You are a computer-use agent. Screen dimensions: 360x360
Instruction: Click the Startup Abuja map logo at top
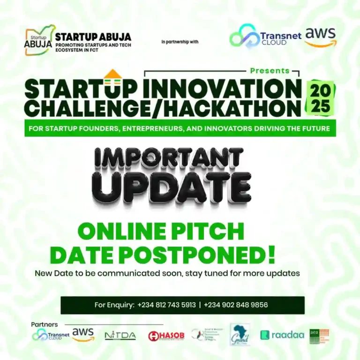point(40,40)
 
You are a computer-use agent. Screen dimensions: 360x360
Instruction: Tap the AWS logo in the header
point(320,37)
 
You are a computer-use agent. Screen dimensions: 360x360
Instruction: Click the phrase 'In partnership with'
point(180,42)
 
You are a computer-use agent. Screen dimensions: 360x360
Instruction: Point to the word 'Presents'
point(270,71)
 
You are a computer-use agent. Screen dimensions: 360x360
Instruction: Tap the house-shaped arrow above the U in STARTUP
point(112,75)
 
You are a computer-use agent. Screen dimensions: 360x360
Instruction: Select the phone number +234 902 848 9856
point(236,305)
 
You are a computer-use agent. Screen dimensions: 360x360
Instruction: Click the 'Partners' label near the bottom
point(45,324)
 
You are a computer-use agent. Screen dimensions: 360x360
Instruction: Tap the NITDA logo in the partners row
point(120,336)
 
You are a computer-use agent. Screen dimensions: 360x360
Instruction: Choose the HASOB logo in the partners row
point(166,336)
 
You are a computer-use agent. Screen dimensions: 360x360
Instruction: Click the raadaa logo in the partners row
point(282,335)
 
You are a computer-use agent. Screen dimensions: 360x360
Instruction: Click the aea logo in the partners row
point(319,336)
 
